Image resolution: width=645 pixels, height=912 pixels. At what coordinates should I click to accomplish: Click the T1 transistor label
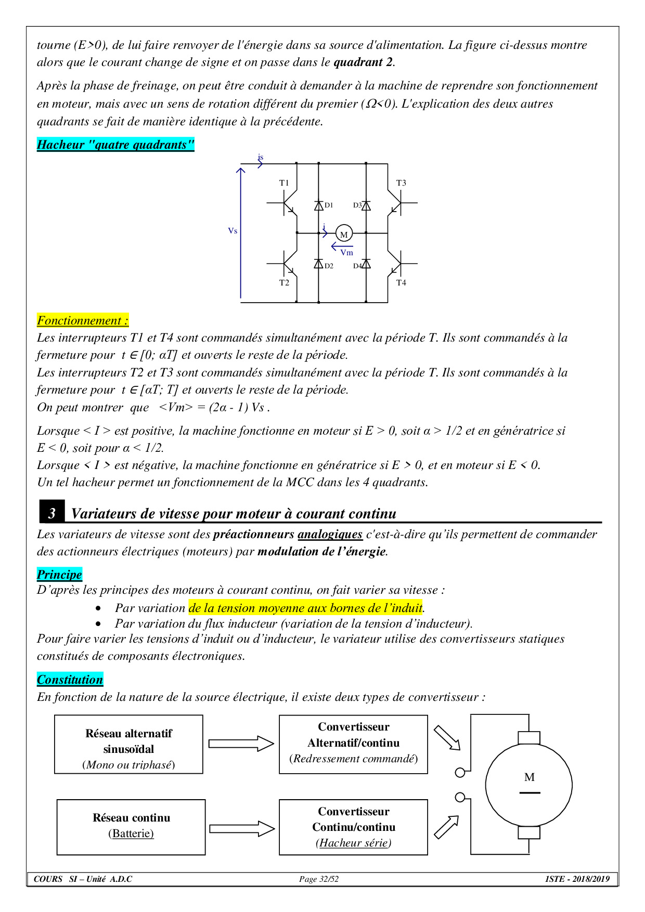[284, 183]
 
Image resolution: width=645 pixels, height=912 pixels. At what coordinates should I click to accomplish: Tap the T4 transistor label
[401, 283]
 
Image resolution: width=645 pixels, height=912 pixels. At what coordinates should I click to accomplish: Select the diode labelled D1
[319, 205]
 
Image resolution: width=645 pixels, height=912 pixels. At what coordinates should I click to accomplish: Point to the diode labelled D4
[366, 264]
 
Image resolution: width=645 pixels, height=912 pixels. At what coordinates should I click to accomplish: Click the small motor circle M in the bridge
[344, 234]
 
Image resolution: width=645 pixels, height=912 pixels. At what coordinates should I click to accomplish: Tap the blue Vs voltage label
[233, 231]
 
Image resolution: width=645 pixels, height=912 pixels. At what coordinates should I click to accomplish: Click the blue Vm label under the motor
[346, 253]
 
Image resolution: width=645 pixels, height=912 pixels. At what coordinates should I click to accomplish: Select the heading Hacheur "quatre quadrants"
[115, 145]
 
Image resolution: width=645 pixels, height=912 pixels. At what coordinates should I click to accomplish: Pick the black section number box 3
[52, 513]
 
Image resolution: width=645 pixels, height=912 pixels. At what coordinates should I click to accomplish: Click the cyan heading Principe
[59, 575]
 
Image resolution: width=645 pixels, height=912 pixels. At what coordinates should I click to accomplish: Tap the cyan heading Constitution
[70, 680]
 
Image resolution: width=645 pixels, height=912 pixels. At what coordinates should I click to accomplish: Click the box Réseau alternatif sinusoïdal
[128, 744]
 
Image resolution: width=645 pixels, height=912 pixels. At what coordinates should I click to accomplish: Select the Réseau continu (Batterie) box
[131, 827]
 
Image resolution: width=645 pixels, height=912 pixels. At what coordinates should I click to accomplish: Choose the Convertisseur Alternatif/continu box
[353, 744]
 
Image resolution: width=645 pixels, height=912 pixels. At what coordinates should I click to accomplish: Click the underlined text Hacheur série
[354, 843]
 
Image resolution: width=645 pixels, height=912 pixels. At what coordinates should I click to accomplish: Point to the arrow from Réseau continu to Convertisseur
[242, 828]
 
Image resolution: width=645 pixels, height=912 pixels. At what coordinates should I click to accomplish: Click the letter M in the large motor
[530, 777]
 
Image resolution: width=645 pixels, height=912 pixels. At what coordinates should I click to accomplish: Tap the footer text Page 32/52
[318, 879]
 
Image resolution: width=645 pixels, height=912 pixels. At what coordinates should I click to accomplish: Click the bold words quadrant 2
[363, 62]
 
